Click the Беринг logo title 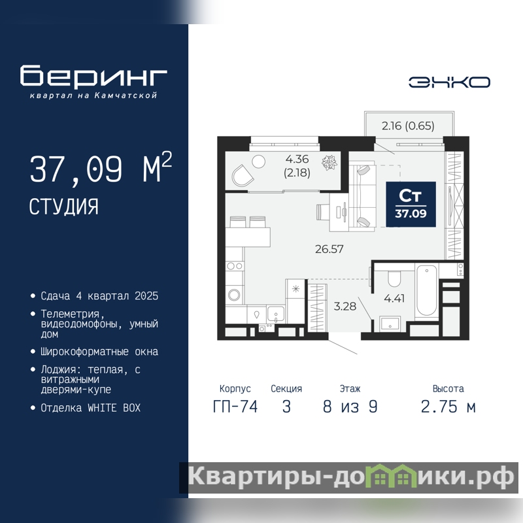tap(93, 76)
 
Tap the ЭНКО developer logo tap(449, 82)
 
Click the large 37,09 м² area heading tap(101, 168)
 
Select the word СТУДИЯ tap(63, 207)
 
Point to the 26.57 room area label tap(329, 249)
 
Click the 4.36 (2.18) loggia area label tap(297, 165)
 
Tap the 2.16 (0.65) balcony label tap(408, 126)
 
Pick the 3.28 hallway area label tap(345, 306)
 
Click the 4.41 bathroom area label tap(394, 298)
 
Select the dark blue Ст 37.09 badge tap(411, 205)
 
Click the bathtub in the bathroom tap(427, 290)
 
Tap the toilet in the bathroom tap(394, 279)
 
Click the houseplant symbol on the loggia tap(329, 162)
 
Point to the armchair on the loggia tap(243, 175)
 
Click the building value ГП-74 tap(235, 407)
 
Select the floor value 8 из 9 tap(350, 407)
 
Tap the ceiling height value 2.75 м tap(448, 407)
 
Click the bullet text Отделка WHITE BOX tap(90, 408)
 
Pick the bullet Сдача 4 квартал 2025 tap(99, 296)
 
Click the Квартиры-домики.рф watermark tap(350, 477)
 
